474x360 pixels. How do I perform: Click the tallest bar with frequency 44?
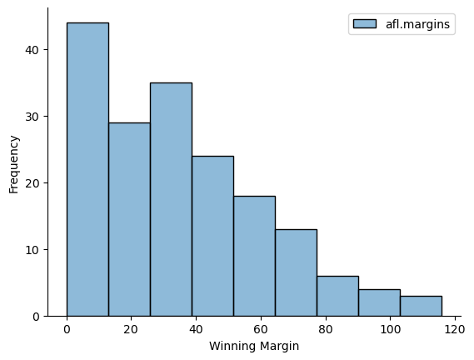[x=87, y=169]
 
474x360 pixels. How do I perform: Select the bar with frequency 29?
[x=129, y=220]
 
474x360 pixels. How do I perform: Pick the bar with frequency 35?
[x=171, y=200]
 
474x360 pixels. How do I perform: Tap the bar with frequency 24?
[x=212, y=237]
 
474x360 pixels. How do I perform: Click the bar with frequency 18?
[x=255, y=256]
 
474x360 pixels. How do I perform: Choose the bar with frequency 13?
[x=297, y=272]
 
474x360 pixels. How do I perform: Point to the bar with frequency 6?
[x=338, y=296]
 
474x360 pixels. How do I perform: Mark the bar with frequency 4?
[x=380, y=302]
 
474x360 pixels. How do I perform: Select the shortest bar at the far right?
[x=422, y=306]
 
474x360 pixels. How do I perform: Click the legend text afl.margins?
[x=418, y=24]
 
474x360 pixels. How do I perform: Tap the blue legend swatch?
[x=365, y=24]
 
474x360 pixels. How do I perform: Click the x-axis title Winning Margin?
[x=254, y=346]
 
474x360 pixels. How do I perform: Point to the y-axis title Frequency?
[x=13, y=164]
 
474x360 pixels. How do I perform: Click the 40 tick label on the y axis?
[x=32, y=50]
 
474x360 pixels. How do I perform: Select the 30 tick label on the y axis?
[x=32, y=117]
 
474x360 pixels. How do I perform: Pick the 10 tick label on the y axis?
[x=32, y=250]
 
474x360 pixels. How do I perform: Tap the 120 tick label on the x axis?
[x=455, y=329]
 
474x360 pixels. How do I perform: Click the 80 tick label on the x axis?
[x=326, y=329]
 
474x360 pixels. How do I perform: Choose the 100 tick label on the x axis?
[x=390, y=329]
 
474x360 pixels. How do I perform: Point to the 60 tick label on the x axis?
[x=261, y=329]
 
